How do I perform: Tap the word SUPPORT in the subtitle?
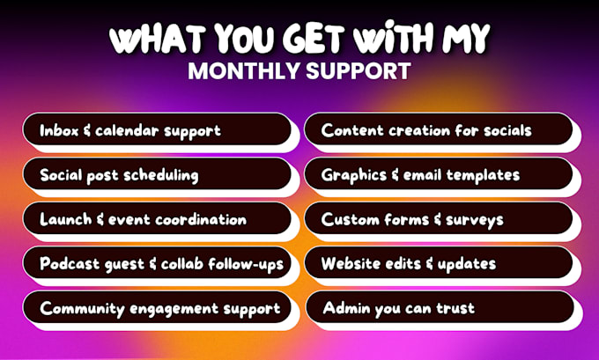tap(358, 70)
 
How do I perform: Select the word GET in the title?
tap(315, 39)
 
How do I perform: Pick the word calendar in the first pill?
tap(127, 130)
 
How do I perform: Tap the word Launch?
tap(61, 219)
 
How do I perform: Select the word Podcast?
tap(70, 264)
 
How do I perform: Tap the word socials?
tap(507, 130)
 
